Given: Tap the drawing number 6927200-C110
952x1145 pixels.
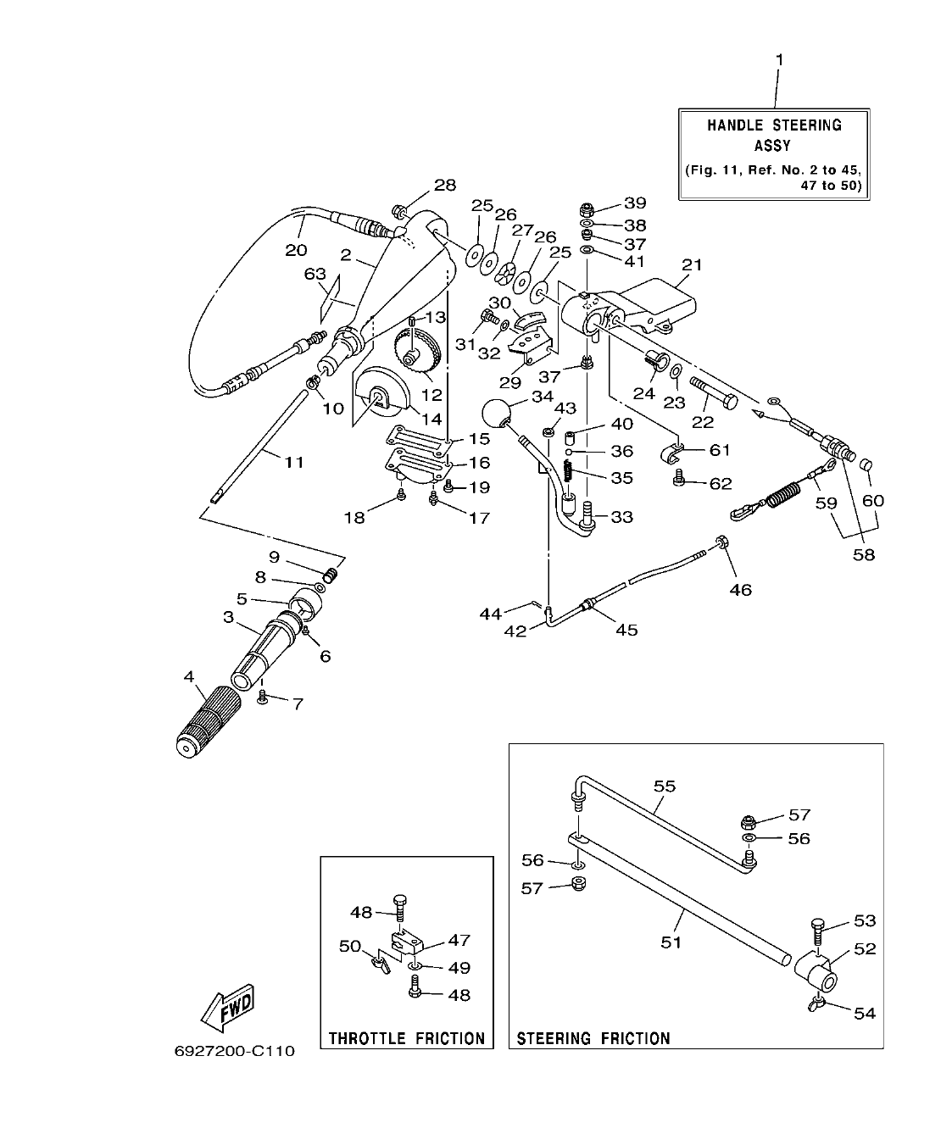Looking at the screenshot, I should click(x=234, y=1052).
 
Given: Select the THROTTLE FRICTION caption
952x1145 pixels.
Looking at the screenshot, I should click(x=407, y=1037).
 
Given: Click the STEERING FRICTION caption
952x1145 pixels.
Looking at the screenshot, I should click(x=593, y=1037).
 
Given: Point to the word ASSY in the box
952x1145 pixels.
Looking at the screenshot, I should click(x=772, y=145).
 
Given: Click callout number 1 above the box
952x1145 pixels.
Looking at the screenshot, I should click(x=779, y=60).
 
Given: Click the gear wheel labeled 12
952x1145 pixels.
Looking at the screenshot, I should click(x=415, y=356).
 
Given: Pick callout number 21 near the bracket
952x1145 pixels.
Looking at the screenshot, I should click(x=692, y=265).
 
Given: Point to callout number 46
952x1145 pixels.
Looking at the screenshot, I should click(x=740, y=589).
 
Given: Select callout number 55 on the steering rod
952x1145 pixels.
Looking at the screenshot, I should click(x=665, y=786).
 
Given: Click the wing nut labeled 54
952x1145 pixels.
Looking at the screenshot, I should click(x=816, y=1006).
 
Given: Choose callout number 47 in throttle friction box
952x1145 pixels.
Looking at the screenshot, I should click(x=459, y=940).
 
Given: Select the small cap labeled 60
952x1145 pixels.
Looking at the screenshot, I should click(x=866, y=466).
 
